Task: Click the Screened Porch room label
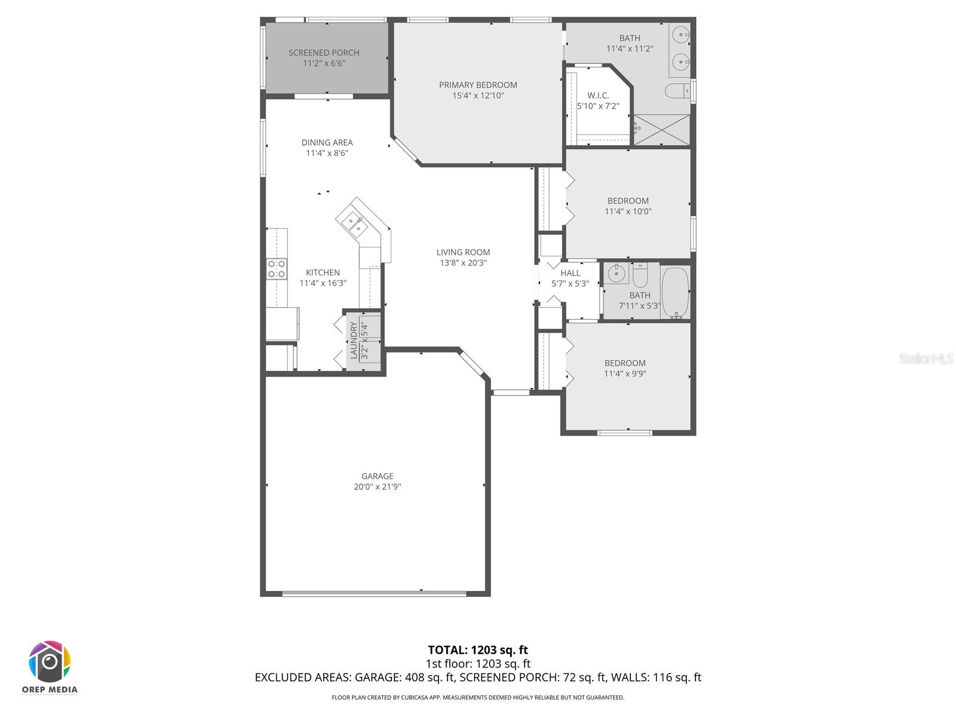324,53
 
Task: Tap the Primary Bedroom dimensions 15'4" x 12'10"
478,96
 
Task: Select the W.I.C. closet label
597,96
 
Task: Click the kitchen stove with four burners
277,269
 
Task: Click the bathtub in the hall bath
676,292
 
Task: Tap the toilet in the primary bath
677,91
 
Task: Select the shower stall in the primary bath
661,129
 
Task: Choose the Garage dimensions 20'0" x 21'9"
377,487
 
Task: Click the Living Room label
463,252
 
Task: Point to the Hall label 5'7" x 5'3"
570,278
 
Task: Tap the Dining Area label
327,142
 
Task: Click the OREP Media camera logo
50,662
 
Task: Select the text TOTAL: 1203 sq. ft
478,650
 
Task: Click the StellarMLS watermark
926,359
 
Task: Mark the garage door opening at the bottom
374,593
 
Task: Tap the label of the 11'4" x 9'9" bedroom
625,363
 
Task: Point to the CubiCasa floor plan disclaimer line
478,697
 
